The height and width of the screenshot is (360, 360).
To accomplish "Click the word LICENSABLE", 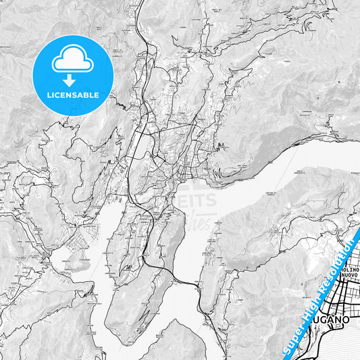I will [72, 95].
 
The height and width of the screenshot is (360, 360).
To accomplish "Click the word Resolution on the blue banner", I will [344, 261].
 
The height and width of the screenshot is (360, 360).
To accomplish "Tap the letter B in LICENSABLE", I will [88, 95].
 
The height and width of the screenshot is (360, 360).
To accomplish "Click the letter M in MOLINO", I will [333, 268].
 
